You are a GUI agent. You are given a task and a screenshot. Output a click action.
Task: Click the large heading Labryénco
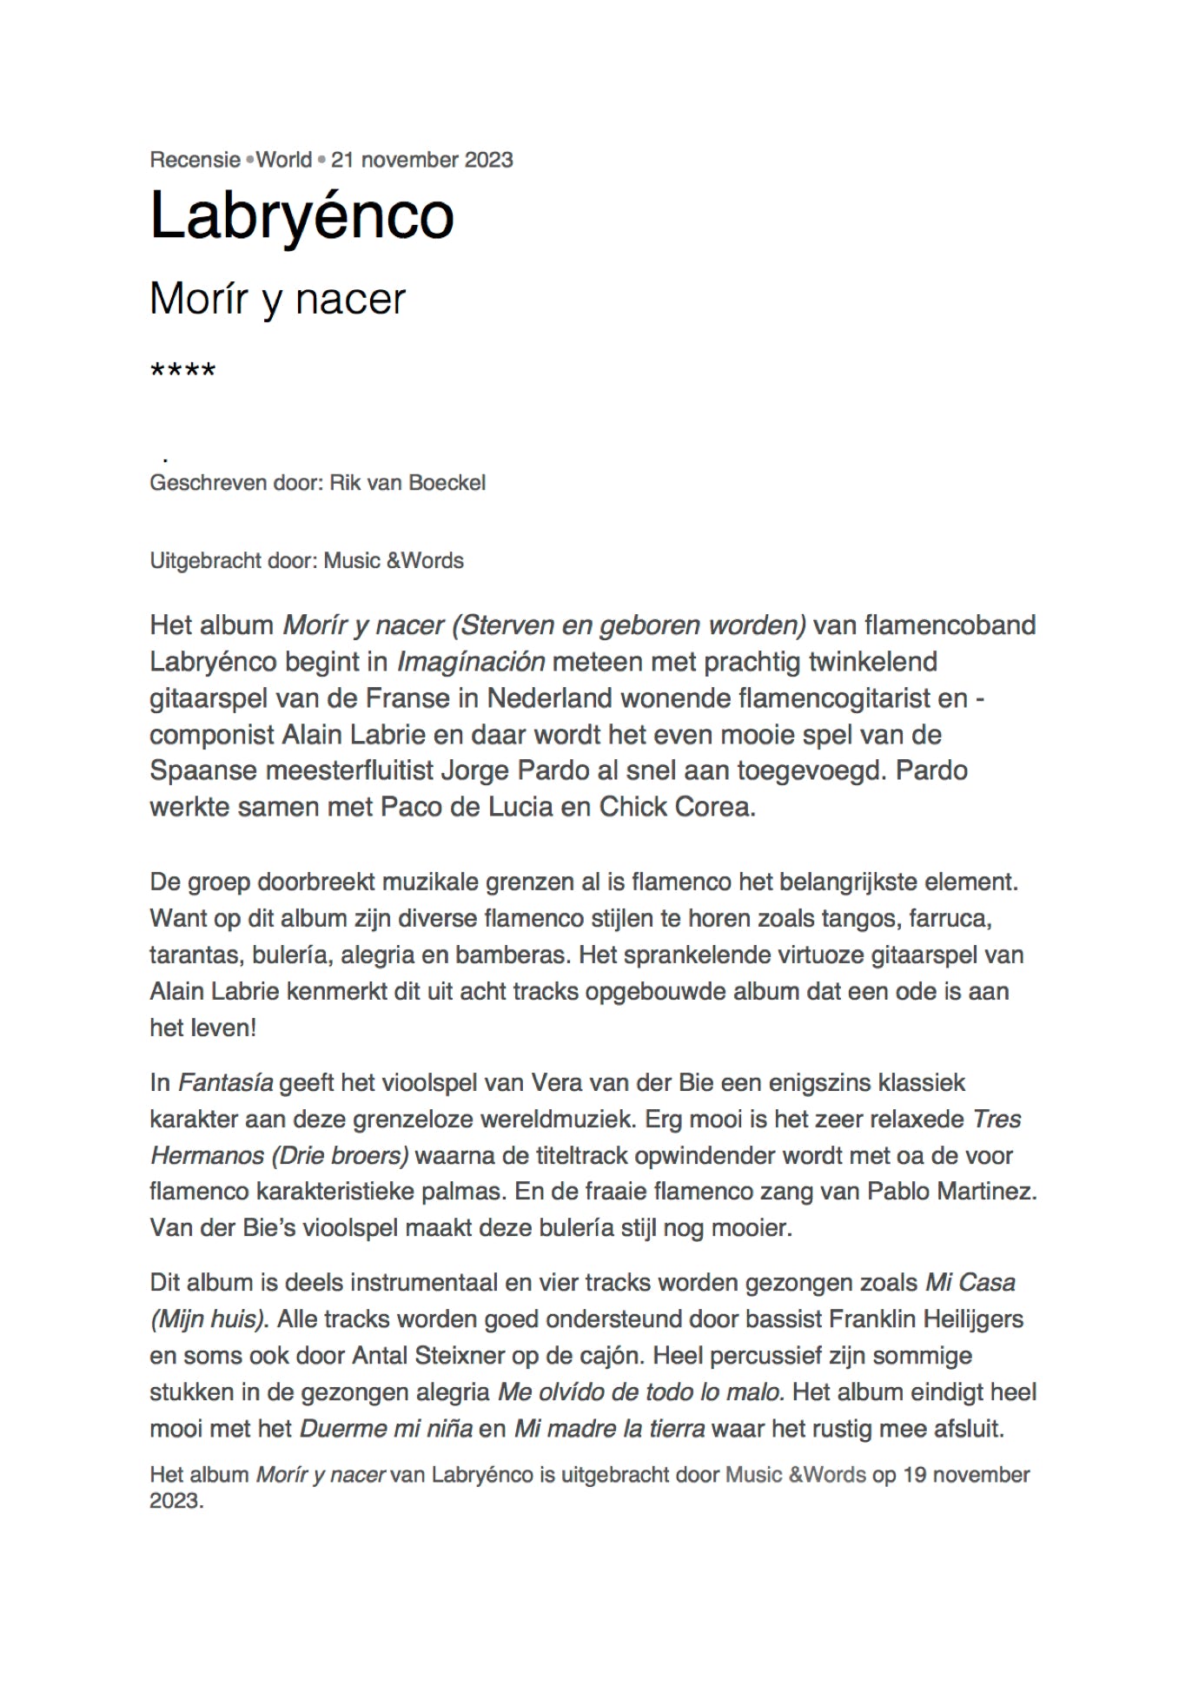301,215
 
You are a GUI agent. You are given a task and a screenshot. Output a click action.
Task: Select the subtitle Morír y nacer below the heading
277,299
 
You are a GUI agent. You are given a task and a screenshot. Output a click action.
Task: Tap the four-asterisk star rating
182,372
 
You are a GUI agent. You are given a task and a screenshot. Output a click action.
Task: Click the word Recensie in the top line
195,160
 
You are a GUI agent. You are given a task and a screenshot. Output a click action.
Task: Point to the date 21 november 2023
421,160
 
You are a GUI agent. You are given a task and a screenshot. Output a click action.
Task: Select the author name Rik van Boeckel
407,483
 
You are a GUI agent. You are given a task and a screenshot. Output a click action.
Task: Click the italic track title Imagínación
471,662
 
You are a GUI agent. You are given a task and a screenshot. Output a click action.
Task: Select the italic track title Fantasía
225,1083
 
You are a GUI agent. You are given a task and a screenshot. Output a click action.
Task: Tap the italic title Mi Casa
970,1283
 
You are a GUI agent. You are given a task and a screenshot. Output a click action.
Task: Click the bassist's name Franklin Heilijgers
925,1319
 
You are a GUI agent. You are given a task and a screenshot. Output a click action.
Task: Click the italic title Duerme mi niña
386,1429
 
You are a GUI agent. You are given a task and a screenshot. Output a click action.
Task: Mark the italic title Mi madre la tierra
609,1429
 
